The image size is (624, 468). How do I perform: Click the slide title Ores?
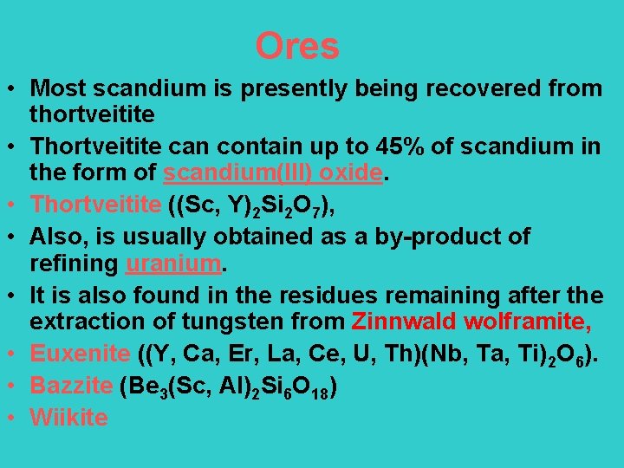point(297,46)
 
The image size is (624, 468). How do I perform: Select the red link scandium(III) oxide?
point(273,173)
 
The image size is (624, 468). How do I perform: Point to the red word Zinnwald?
point(402,322)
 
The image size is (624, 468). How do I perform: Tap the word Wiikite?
point(68,417)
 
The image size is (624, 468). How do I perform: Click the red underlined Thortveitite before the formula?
point(95,205)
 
